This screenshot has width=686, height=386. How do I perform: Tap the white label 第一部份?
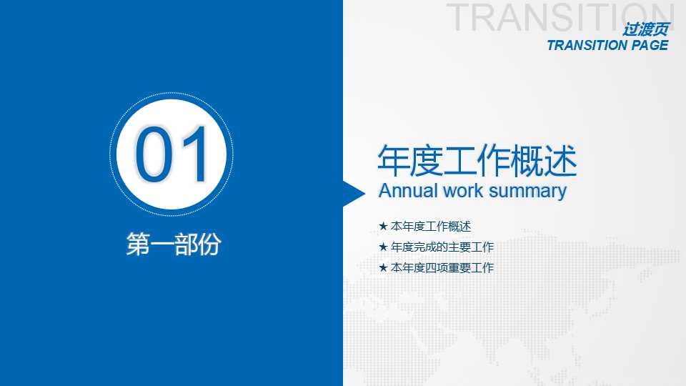point(173,244)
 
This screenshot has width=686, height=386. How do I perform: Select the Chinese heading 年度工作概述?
point(477,162)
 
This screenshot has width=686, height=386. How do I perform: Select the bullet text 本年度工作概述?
point(431,227)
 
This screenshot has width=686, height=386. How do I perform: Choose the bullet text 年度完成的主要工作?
point(442,247)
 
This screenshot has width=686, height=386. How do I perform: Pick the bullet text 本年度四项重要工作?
point(442,268)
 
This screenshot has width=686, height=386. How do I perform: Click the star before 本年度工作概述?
point(383,227)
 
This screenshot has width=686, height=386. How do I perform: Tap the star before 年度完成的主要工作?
point(383,247)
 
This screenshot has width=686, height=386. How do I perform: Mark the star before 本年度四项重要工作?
point(383,268)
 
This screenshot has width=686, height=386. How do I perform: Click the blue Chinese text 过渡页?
point(646,30)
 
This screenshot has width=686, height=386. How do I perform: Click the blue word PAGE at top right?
point(649,46)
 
